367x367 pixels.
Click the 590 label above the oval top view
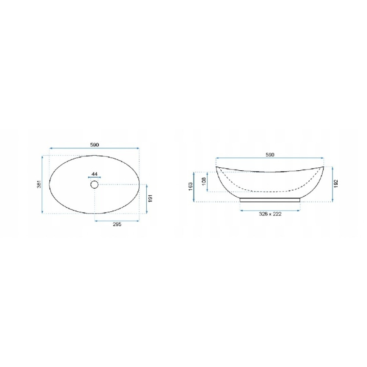coord(95,145)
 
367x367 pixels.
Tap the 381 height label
coord(39,184)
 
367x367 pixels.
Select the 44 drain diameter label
coord(95,174)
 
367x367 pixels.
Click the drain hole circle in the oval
coord(94,185)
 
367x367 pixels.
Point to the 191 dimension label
coord(150,198)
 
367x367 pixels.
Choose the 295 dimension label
coord(117,224)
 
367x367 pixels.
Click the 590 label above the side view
coord(270,155)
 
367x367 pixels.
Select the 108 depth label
coord(203,181)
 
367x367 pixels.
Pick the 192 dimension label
coord(336,183)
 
